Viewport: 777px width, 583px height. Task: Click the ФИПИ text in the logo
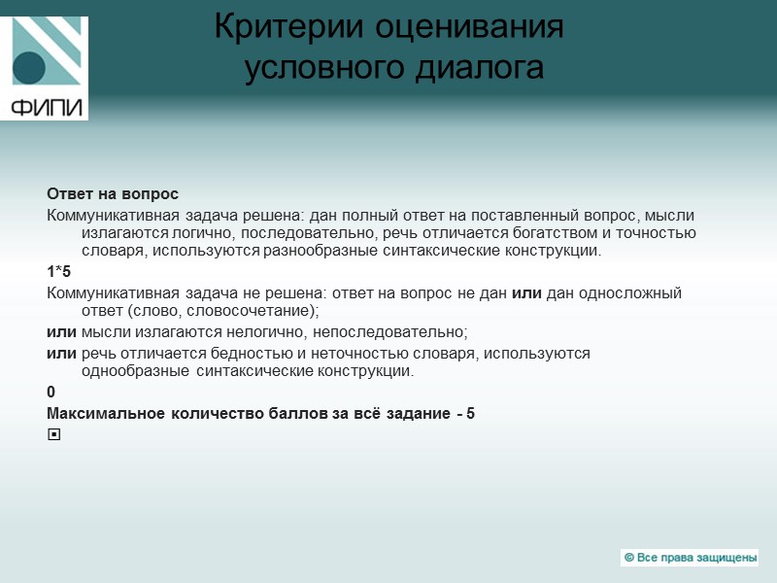46,106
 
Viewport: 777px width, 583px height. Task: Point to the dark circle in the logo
29,68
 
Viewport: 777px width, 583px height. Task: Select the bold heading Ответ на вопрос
113,193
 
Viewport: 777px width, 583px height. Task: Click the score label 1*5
59,271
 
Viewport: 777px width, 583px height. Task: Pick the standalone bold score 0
51,392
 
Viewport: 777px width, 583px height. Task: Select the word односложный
632,292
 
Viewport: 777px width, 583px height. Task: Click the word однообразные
135,371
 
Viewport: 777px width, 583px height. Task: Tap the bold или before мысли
62,331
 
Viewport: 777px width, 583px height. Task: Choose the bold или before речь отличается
62,353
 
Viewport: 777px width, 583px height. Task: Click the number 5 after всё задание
470,413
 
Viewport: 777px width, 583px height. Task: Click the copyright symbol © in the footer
629,558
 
